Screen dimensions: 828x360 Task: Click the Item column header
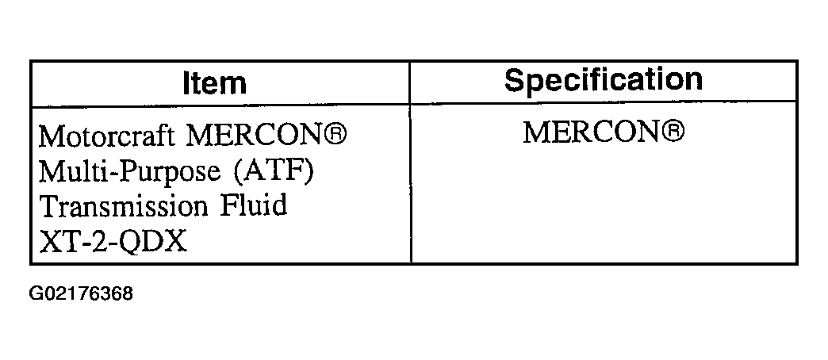(214, 83)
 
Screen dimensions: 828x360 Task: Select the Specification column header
(603, 80)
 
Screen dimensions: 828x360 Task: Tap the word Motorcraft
(106, 136)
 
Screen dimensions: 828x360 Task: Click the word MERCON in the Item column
(253, 136)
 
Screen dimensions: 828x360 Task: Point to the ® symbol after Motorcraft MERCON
(334, 133)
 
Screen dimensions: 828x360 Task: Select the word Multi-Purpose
(128, 172)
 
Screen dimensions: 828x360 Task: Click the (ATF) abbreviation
(274, 171)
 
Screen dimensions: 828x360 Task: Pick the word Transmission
(124, 206)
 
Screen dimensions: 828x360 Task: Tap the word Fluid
(254, 205)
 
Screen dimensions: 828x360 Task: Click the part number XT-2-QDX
(113, 241)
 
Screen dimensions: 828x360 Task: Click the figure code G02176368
(81, 293)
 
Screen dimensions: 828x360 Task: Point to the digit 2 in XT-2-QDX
(96, 241)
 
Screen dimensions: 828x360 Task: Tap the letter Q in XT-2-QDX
(128, 243)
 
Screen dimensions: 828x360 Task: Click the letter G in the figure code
(36, 293)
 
